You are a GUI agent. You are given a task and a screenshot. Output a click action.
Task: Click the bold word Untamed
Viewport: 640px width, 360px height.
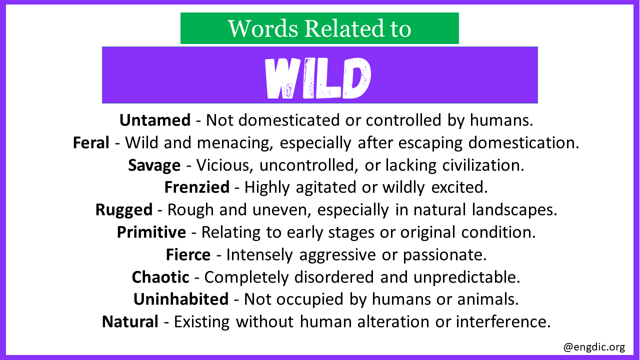pyautogui.click(x=155, y=120)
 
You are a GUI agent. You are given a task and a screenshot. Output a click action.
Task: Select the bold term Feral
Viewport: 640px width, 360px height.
pyautogui.click(x=91, y=142)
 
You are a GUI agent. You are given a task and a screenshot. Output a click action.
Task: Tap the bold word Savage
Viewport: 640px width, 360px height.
pyautogui.click(x=154, y=165)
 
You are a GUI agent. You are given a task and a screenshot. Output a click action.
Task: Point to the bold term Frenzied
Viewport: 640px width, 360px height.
pyautogui.click(x=197, y=187)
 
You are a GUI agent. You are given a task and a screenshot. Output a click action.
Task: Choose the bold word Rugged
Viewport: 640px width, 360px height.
pyautogui.click(x=124, y=210)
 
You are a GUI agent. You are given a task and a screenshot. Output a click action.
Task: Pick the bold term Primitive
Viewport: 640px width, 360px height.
pyautogui.click(x=151, y=232)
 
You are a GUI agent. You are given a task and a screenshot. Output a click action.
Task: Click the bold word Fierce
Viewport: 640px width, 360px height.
pyautogui.click(x=188, y=254)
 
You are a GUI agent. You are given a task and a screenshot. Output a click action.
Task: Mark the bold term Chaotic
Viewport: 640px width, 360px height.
pyautogui.click(x=160, y=277)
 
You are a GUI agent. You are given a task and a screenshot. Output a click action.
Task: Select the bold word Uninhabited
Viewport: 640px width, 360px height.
pyautogui.click(x=181, y=299)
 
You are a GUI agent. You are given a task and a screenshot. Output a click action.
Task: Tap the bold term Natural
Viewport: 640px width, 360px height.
pyautogui.click(x=130, y=321)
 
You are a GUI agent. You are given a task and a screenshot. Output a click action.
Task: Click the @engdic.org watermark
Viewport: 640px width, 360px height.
pyautogui.click(x=594, y=347)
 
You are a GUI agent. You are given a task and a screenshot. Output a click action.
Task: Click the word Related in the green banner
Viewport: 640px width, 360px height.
pyautogui.click(x=344, y=28)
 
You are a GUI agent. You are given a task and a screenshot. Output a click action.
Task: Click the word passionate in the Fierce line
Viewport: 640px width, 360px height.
pyautogui.click(x=445, y=255)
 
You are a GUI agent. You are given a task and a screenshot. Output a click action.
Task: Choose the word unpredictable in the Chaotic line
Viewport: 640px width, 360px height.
pyautogui.click(x=467, y=277)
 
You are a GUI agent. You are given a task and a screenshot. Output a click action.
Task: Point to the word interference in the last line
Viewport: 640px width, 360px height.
pyautogui.click(x=503, y=321)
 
